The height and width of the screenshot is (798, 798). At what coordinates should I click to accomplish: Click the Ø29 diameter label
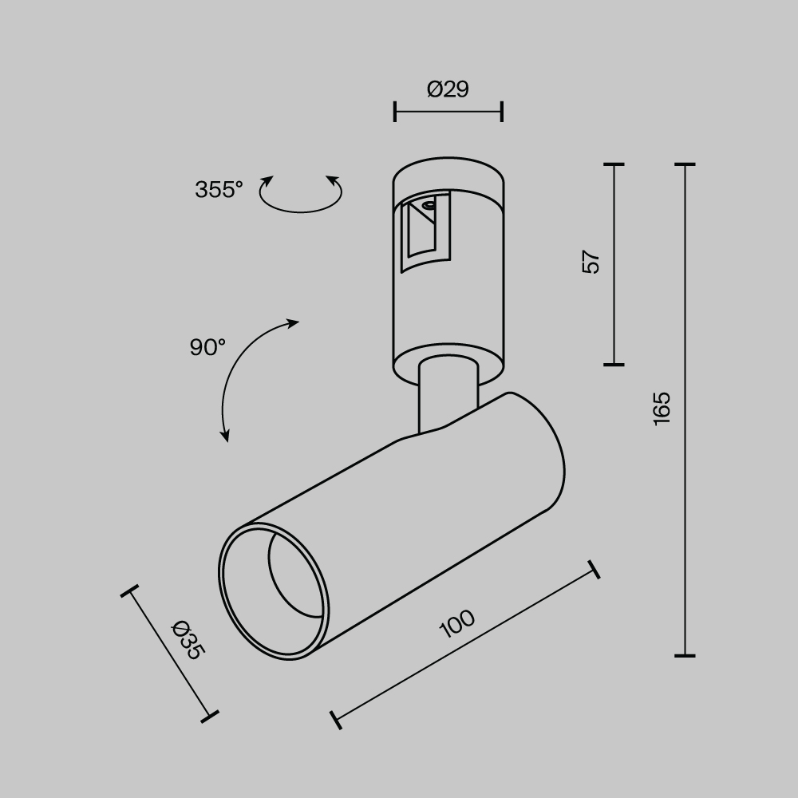[x=448, y=89]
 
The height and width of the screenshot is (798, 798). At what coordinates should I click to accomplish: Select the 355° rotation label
[x=219, y=190]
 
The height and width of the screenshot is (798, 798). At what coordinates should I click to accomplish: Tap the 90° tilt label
[x=207, y=347]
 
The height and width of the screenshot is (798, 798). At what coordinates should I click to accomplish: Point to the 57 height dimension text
[x=591, y=263]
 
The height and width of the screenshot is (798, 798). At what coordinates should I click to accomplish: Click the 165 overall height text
[x=662, y=409]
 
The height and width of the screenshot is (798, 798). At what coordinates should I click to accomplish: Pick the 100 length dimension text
[x=457, y=624]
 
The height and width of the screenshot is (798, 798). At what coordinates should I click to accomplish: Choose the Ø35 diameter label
[x=188, y=639]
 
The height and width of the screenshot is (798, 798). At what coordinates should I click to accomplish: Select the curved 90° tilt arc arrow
[x=243, y=375]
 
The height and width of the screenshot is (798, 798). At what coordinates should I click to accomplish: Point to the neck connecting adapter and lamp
[x=448, y=395]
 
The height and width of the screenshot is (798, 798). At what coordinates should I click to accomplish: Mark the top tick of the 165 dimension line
[x=685, y=164]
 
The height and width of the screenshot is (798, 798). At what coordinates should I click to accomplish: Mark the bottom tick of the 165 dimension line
[x=685, y=655]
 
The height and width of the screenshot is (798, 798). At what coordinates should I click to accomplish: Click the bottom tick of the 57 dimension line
[x=614, y=364]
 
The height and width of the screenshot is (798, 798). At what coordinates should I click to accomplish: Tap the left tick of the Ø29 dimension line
[x=395, y=112]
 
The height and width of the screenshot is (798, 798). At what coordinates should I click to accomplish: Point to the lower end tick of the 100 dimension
[x=336, y=719]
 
